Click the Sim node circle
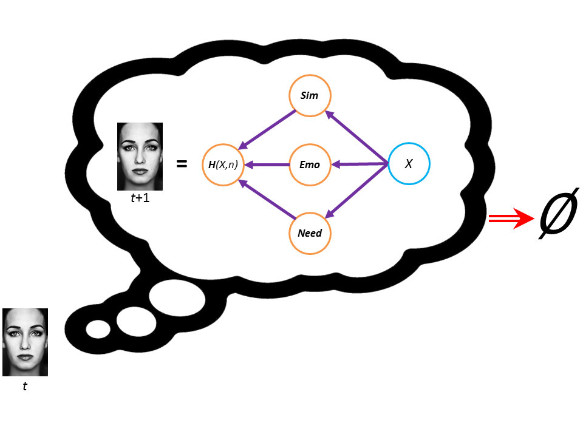[310, 95]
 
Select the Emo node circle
[310, 164]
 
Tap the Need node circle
[310, 232]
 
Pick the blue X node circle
[409, 164]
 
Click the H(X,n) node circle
[220, 164]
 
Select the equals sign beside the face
[181, 163]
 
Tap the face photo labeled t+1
[140, 157]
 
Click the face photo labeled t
[25, 342]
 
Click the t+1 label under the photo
[140, 197]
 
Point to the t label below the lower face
[25, 386]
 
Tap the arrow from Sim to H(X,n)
[267, 130]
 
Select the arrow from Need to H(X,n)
[267, 198]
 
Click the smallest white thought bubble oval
[98, 329]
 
